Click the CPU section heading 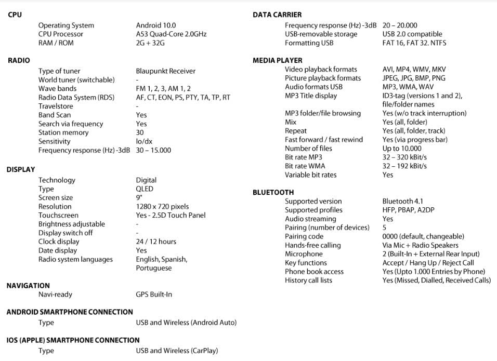[x=15, y=15]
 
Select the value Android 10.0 [x=155, y=25]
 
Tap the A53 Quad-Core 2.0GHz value [x=171, y=34]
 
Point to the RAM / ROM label [x=56, y=43]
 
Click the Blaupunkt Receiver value [x=165, y=71]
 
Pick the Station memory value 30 [x=140, y=132]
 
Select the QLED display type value [x=145, y=189]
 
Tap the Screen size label [x=56, y=198]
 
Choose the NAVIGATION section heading [x=28, y=286]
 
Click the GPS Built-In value [x=154, y=295]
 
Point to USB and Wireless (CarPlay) [x=177, y=351]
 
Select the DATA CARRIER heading [x=277, y=15]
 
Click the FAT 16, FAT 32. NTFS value [x=414, y=43]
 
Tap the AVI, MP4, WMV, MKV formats [x=414, y=69]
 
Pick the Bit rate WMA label [x=305, y=166]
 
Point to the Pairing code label [x=304, y=236]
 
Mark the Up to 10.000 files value [x=402, y=148]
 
